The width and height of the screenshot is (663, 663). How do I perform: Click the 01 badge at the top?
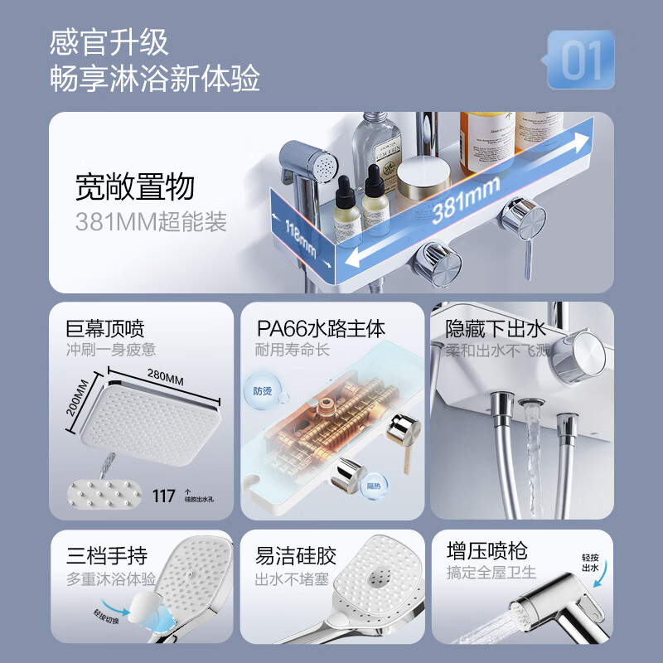point(580,60)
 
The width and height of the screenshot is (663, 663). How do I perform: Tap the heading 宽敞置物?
point(134,187)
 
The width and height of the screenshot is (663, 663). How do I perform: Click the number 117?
point(164,496)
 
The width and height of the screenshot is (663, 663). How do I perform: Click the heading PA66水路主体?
point(321,329)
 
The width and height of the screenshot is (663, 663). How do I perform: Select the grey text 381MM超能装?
point(150,222)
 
